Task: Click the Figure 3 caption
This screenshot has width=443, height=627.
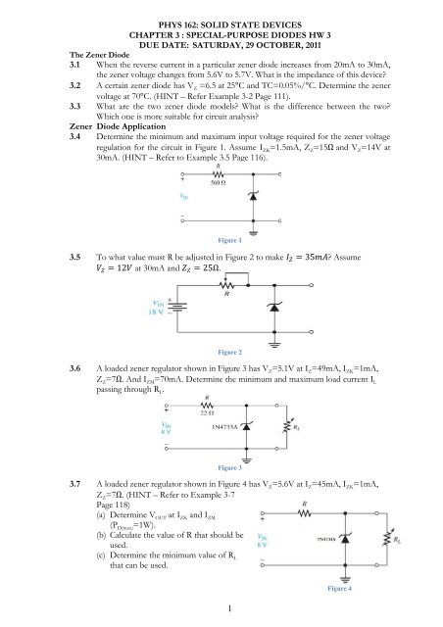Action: tap(221, 468)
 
